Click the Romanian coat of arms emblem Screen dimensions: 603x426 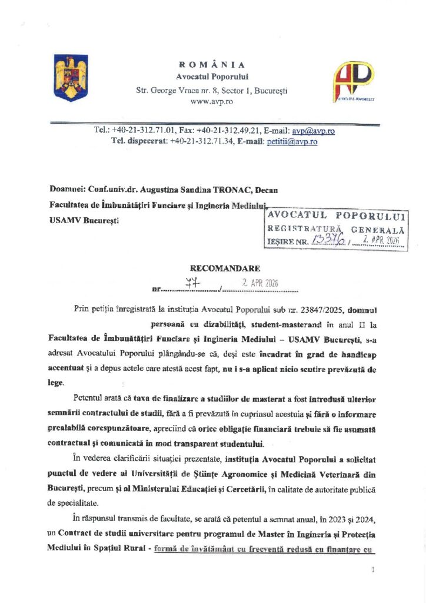71,77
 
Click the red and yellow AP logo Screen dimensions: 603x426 354,81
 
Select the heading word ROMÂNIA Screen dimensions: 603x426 212,64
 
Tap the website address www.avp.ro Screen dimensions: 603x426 212,102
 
